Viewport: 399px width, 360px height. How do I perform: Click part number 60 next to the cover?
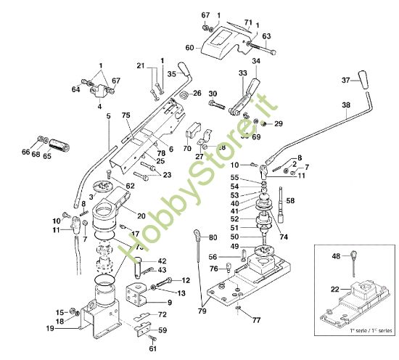coord(189,48)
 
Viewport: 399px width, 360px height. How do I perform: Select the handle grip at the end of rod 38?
coord(368,94)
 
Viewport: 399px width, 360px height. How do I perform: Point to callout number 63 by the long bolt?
coord(266,35)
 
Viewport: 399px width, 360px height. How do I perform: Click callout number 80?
coord(213,237)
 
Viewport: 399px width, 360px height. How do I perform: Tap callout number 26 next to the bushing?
coord(196,93)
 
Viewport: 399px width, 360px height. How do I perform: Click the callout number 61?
coord(153,348)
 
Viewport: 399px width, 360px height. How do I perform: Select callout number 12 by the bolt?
coord(186,279)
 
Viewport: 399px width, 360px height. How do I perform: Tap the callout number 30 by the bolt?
coord(212,94)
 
